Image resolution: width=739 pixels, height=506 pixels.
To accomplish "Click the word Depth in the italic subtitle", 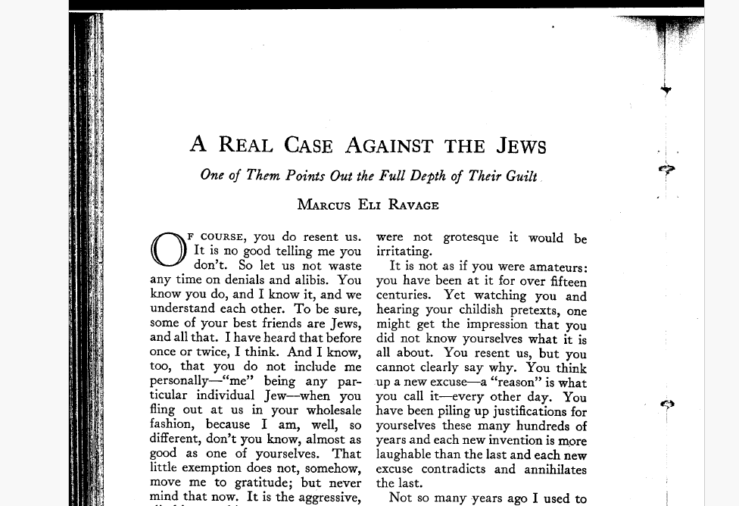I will pos(428,176).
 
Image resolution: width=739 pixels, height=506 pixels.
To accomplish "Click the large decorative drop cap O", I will pos(168,249).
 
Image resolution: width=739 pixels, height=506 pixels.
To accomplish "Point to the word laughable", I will pos(407,454).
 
